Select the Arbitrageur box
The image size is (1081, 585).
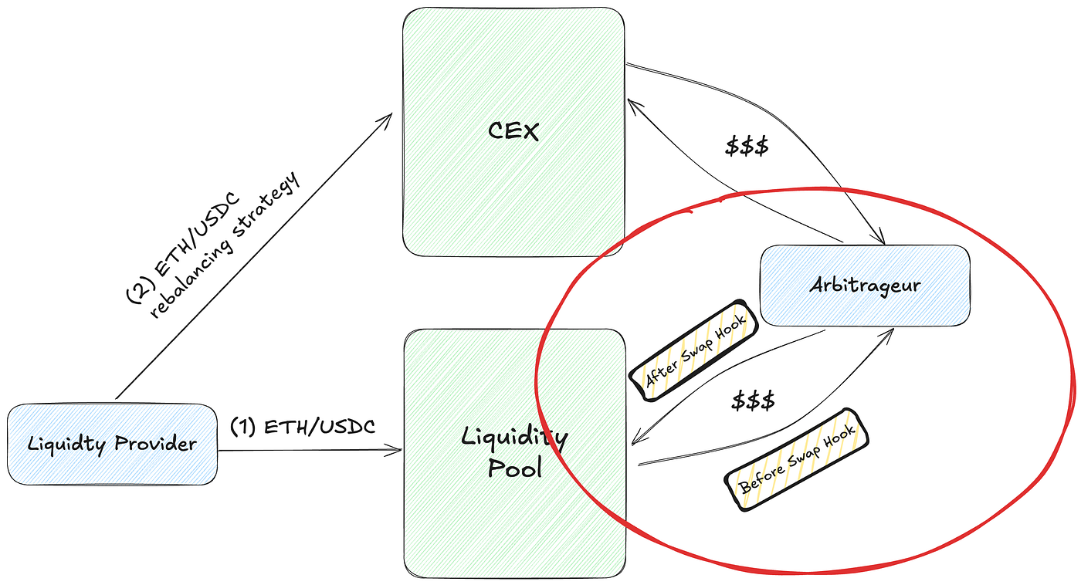click(865, 284)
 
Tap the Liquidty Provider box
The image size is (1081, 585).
click(112, 444)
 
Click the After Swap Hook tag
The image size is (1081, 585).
click(693, 349)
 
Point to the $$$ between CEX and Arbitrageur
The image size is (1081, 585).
click(747, 147)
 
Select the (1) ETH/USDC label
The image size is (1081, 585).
click(303, 427)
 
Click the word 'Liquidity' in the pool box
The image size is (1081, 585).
click(514, 437)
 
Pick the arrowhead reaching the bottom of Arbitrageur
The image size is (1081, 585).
click(893, 330)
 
